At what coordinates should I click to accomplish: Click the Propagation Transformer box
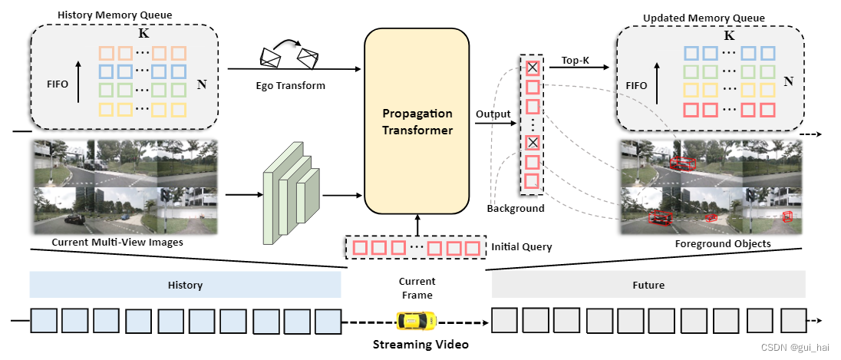pos(417,121)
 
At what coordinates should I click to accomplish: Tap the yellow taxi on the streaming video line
pos(416,319)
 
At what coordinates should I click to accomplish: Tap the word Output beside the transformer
pos(493,114)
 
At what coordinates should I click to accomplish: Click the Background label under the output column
pos(516,208)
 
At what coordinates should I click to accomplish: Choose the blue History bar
pos(185,285)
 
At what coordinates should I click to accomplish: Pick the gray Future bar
pos(648,285)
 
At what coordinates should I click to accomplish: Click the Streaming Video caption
pos(420,344)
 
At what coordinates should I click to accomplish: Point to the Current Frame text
pos(417,288)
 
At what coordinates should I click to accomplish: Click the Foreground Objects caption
pos(723,243)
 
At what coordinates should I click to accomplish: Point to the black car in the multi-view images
pos(74,219)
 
